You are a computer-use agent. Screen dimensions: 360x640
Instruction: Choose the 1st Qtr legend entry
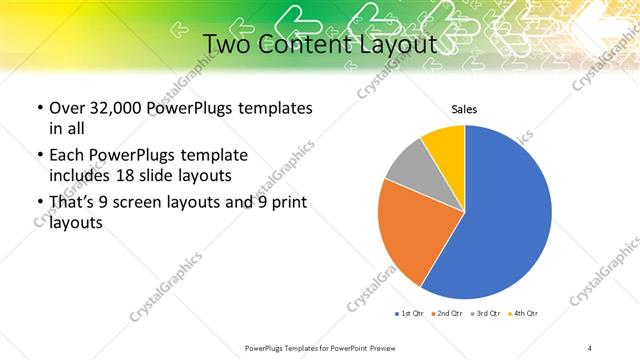coord(411,314)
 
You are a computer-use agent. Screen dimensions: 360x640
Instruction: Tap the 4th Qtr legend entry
coord(524,314)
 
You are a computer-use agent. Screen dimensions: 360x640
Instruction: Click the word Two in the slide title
coord(227,45)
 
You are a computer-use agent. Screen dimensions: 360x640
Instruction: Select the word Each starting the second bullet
coord(66,156)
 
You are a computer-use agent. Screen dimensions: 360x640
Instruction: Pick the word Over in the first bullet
coord(67,108)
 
